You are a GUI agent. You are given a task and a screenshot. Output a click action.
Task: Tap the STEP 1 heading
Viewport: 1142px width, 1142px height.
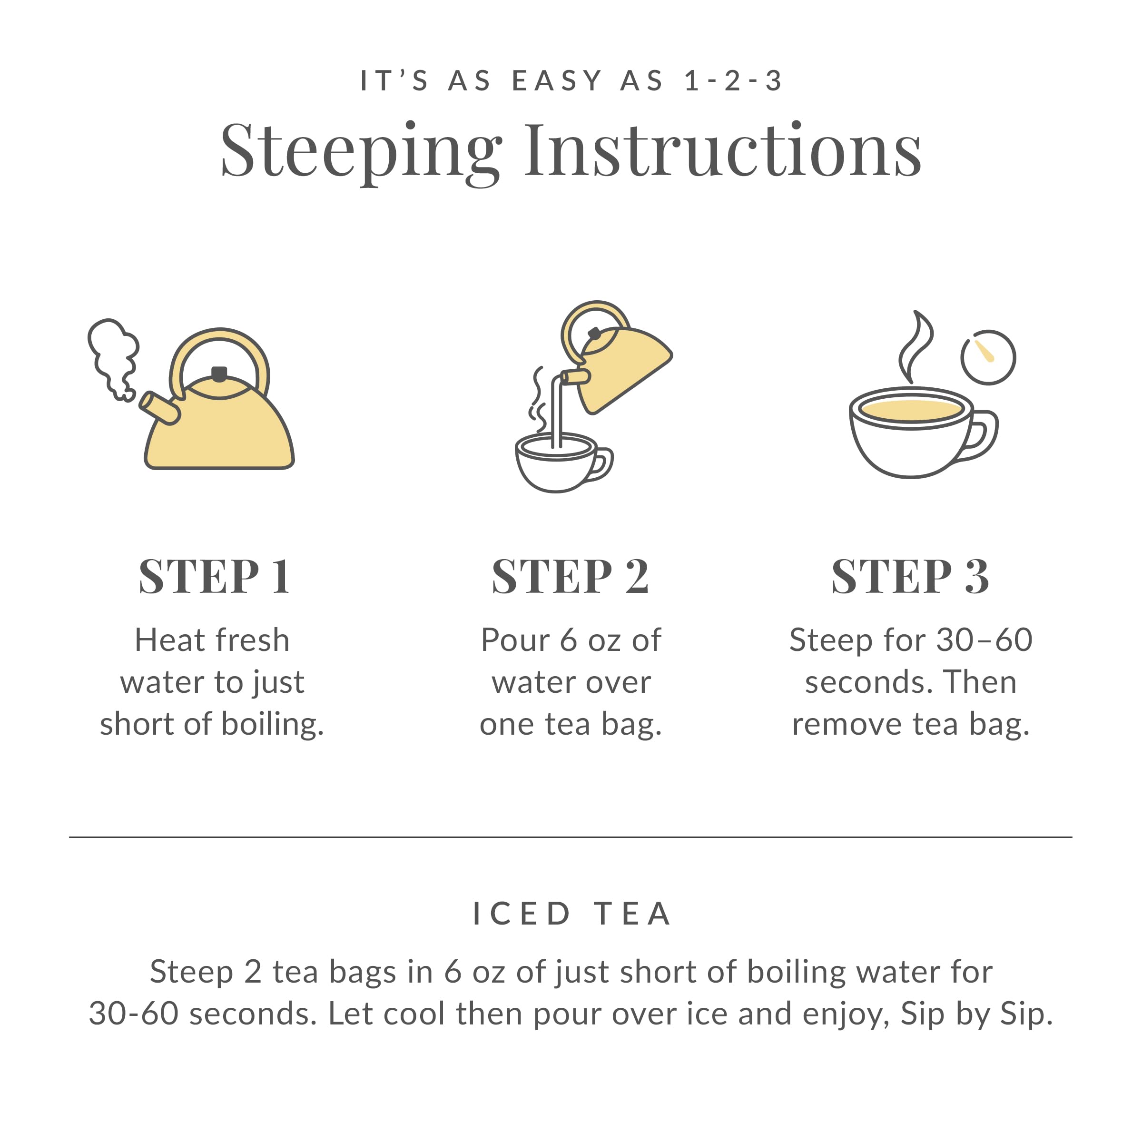(215, 576)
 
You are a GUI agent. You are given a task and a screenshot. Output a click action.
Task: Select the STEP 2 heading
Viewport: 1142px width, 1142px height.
(571, 576)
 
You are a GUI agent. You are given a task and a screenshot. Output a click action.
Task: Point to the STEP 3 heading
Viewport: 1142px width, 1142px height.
(910, 576)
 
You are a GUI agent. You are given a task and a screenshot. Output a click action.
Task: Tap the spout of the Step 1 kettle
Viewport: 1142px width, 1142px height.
(158, 408)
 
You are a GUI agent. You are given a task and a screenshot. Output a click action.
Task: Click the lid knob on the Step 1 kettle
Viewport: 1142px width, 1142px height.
(219, 374)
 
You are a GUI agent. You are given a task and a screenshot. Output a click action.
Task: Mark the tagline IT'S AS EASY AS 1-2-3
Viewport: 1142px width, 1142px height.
(571, 81)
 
